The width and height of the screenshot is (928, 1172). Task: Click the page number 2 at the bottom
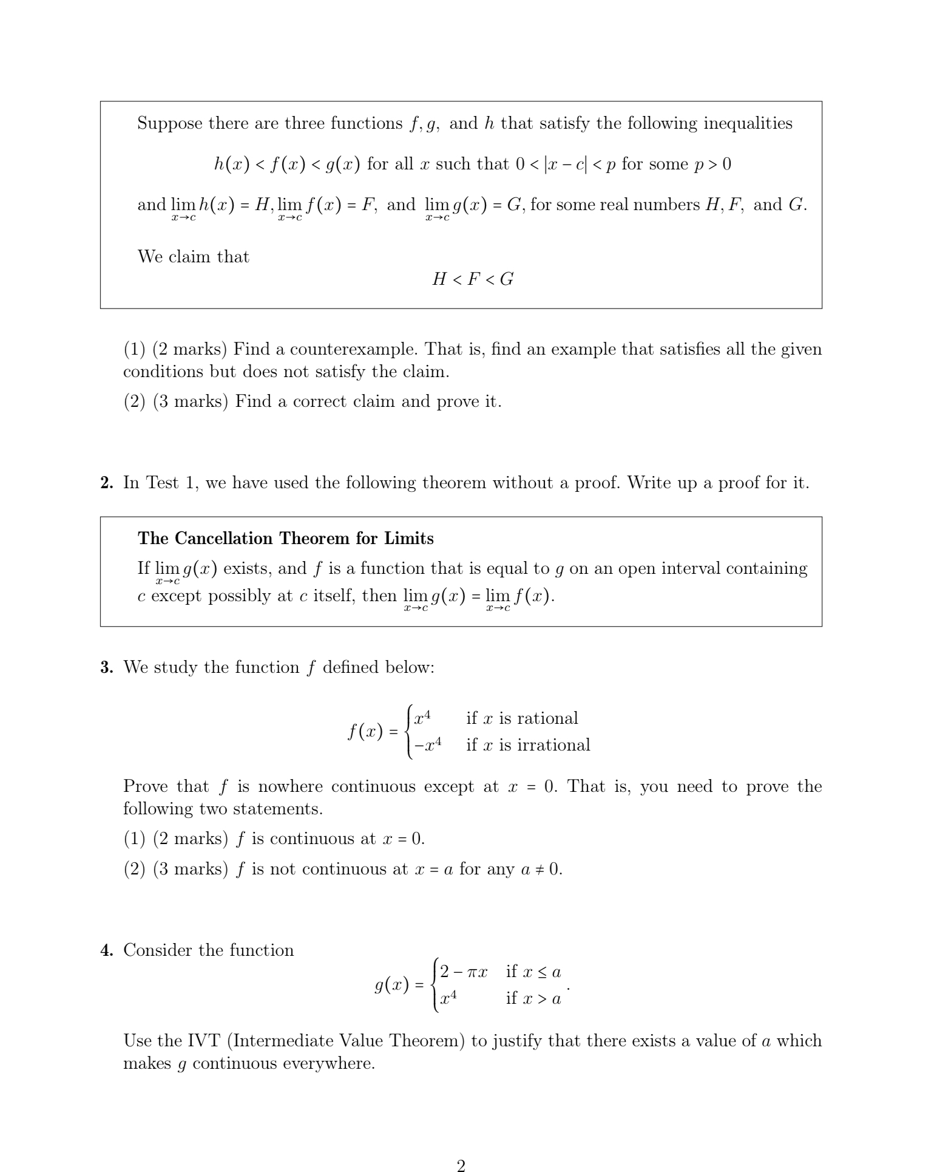(x=461, y=1164)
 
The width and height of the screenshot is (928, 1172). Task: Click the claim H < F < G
(x=473, y=279)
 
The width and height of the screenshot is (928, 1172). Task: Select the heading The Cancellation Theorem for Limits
(x=285, y=539)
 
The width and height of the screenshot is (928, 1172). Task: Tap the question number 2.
(x=107, y=483)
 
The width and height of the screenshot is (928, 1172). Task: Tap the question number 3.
(x=107, y=667)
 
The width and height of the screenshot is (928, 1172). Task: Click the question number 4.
(x=107, y=950)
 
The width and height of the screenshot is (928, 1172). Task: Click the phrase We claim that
(x=193, y=257)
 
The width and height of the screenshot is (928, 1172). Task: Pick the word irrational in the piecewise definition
(x=553, y=745)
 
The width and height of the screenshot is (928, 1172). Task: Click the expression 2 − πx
(x=463, y=972)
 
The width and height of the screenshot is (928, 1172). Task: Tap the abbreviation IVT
(x=203, y=1041)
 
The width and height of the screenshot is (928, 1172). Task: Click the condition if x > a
(x=533, y=998)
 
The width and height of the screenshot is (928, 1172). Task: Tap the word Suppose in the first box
(x=169, y=124)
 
